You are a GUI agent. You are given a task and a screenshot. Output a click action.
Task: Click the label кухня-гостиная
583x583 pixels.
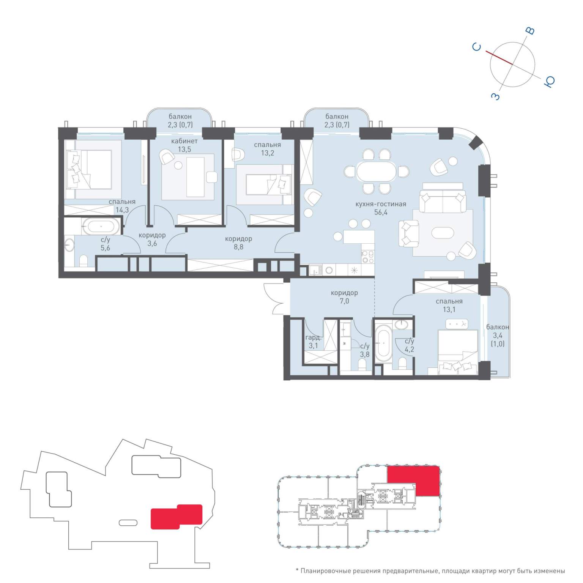tap(381, 204)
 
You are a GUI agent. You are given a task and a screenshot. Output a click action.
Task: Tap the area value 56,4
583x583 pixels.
tap(381, 213)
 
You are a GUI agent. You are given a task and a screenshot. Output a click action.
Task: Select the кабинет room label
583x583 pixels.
tap(184, 141)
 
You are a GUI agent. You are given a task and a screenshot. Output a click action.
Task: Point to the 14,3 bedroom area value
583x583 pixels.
tap(122, 210)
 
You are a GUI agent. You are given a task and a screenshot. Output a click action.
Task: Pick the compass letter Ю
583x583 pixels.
tap(549, 82)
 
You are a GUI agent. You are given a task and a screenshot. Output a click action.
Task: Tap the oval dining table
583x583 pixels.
tap(376, 171)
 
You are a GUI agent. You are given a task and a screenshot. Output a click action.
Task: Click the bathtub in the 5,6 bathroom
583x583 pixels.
tap(101, 227)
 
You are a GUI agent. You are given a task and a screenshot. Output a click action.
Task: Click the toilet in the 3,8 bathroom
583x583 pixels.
tap(362, 364)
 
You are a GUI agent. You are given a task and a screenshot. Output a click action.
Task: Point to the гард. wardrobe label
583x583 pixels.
tap(314, 337)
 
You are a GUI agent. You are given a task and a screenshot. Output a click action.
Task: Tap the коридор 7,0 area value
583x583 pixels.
tap(344, 301)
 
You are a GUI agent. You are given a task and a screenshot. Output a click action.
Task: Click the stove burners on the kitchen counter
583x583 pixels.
tap(367, 257)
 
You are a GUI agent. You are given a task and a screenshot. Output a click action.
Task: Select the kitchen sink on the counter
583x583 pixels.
tap(315, 270)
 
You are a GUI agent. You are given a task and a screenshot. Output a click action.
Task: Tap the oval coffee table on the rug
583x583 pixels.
tap(443, 233)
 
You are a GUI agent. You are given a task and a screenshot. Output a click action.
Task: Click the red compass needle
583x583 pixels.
tap(499, 58)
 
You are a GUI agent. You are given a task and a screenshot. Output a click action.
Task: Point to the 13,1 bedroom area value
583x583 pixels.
tap(449, 310)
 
